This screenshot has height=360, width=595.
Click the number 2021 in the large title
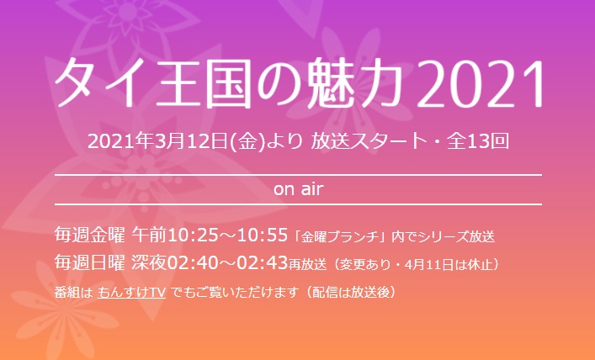[x=481, y=83]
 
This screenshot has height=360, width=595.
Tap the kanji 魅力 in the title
[x=360, y=82]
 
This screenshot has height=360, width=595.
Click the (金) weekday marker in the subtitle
[x=248, y=141]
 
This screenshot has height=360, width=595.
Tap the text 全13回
[x=478, y=141]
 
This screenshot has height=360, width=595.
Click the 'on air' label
[x=298, y=190]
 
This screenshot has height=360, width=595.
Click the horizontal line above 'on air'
[x=298, y=175]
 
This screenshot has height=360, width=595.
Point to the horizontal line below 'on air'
[x=298, y=204]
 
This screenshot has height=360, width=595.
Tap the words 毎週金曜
[x=89, y=236]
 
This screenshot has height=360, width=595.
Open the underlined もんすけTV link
[x=131, y=293]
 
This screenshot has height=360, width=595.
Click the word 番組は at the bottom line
[x=73, y=293]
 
